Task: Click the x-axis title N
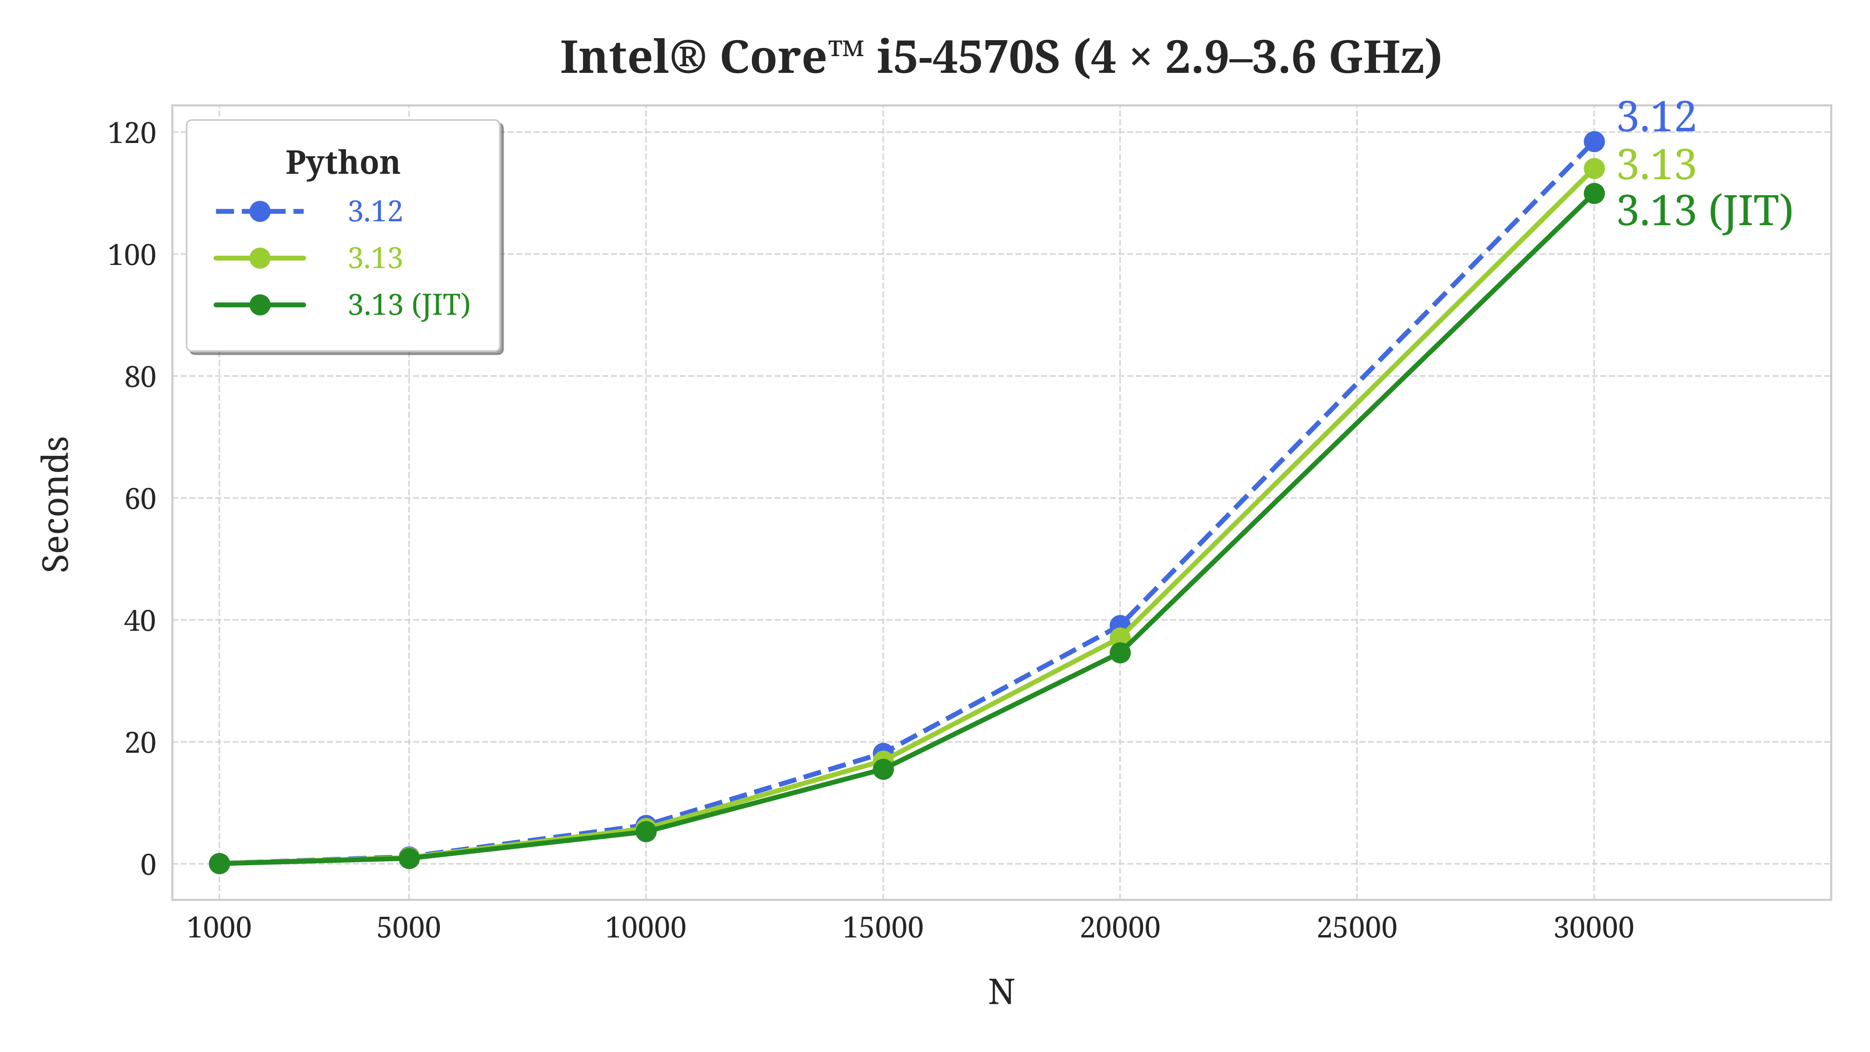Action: (x=1000, y=992)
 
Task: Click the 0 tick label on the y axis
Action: (x=148, y=865)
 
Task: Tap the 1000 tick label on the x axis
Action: (x=219, y=928)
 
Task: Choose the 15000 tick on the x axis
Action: (x=883, y=928)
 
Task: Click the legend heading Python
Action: (x=343, y=162)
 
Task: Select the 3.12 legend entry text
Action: (x=374, y=211)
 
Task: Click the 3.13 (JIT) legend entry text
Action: (x=409, y=305)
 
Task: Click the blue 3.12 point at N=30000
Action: (x=1593, y=141)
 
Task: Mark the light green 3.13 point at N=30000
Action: (x=1593, y=168)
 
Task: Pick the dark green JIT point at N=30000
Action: (x=1593, y=193)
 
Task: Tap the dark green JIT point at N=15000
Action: (x=883, y=769)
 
